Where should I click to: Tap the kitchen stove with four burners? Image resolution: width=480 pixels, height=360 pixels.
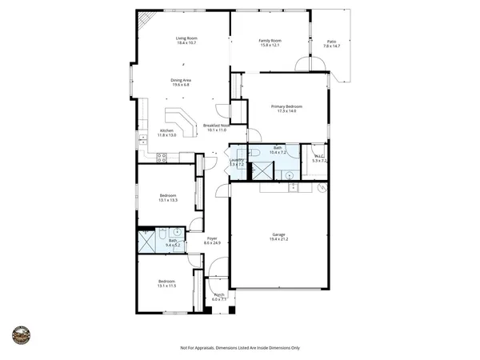(161, 158)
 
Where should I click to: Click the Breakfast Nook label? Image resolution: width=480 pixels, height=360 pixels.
(216, 126)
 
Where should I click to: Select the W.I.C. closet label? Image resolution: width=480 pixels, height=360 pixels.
(318, 157)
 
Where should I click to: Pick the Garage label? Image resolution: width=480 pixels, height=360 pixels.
(278, 234)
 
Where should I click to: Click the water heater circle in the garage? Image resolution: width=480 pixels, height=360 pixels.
(322, 189)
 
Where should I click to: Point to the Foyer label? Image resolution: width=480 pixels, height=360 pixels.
(212, 238)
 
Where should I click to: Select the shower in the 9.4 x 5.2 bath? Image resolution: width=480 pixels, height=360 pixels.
(146, 241)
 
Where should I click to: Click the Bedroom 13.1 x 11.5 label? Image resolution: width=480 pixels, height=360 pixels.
(166, 282)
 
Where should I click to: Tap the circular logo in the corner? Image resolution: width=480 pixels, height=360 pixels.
(20, 334)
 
